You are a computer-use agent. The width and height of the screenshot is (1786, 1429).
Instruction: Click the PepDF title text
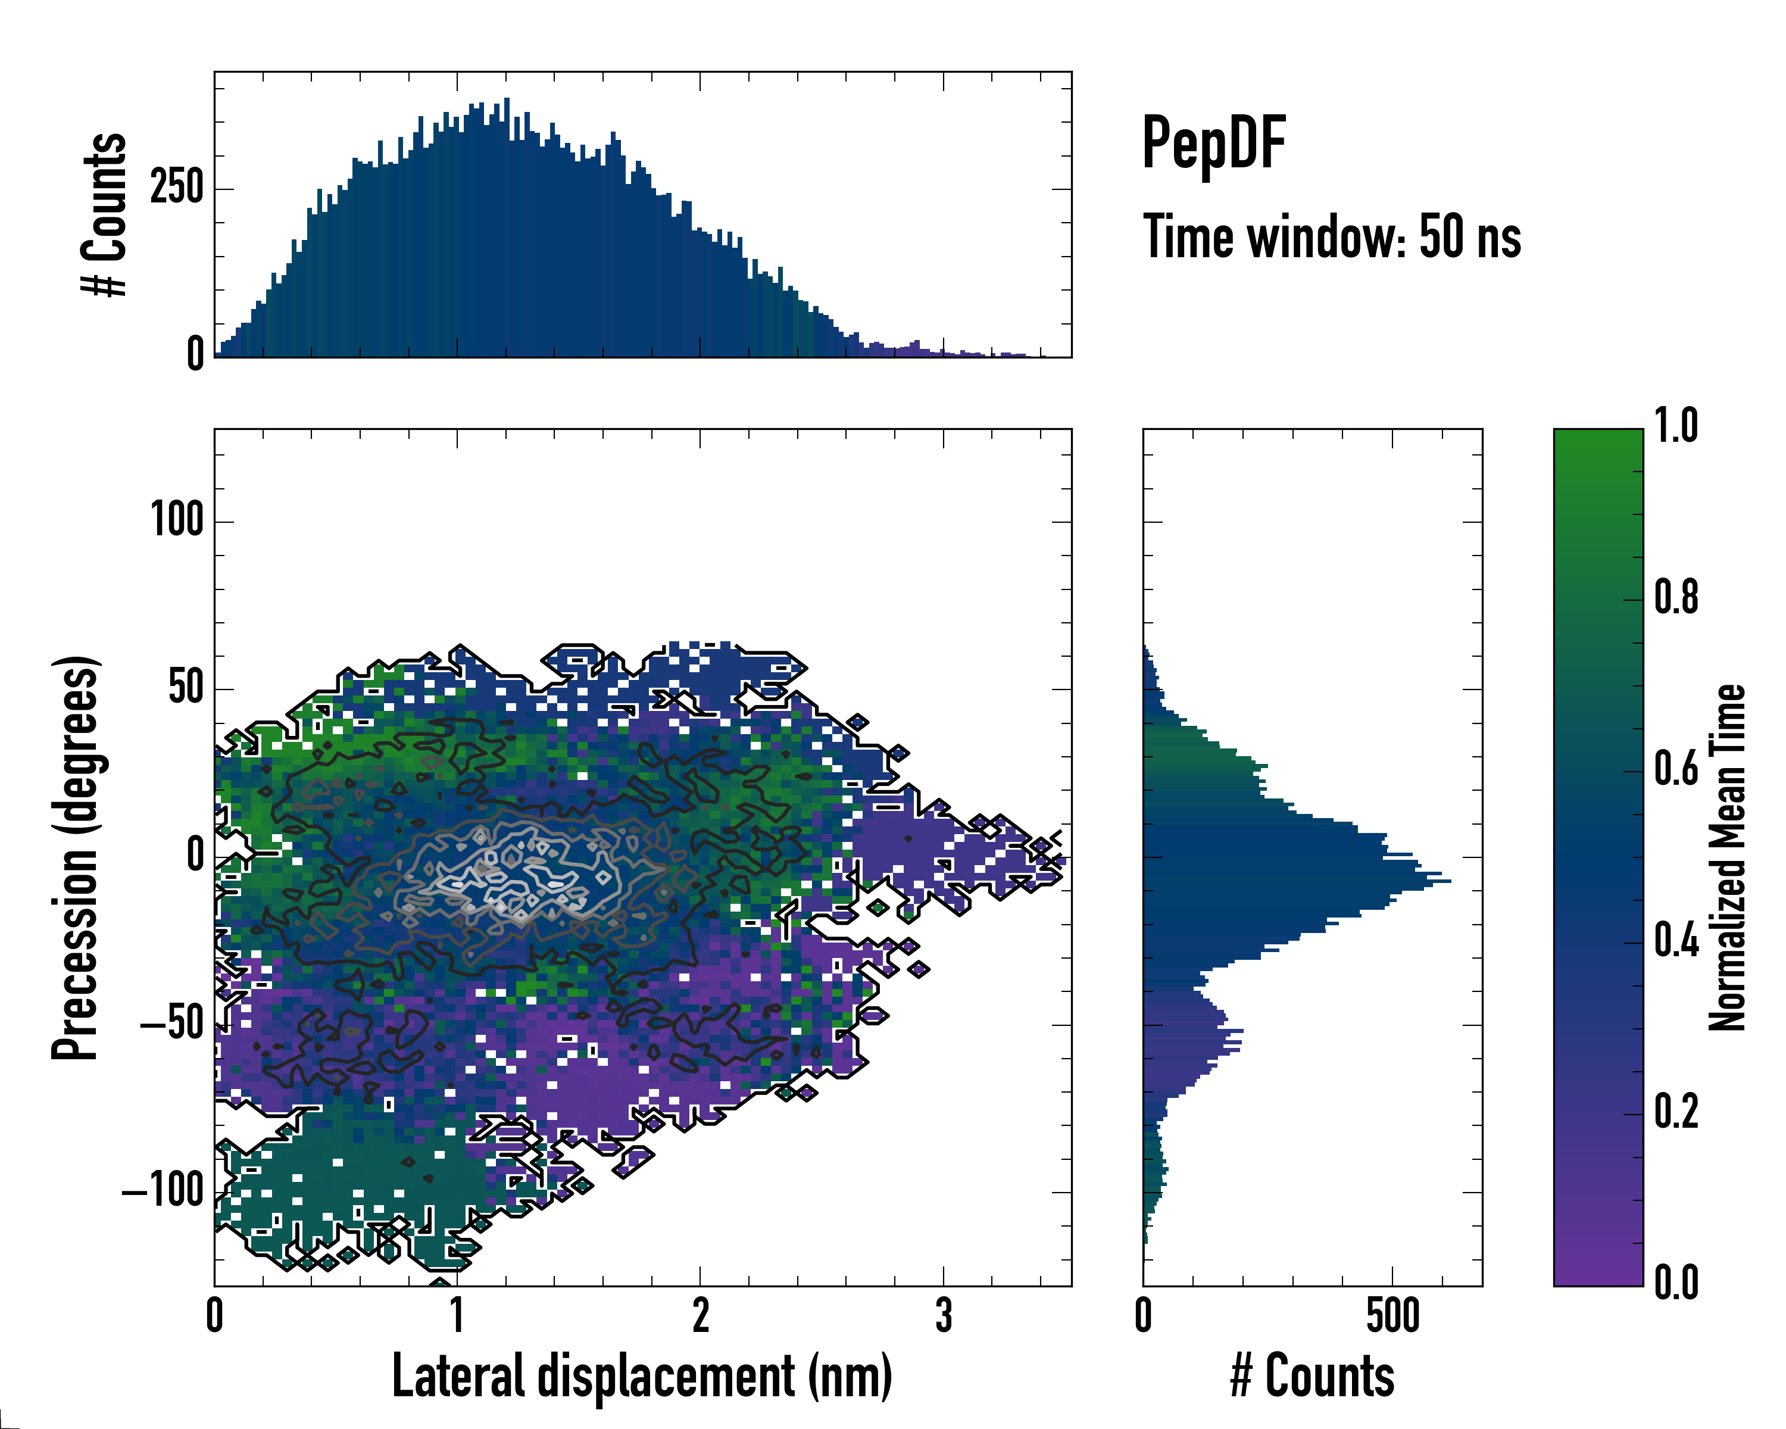coord(1213,143)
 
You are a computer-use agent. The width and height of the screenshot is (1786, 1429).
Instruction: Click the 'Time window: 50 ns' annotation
coord(1331,237)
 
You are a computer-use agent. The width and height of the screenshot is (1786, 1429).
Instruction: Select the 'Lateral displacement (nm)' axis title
coord(642,1376)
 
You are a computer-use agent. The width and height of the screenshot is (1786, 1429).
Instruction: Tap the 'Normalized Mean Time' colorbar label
coord(1727,857)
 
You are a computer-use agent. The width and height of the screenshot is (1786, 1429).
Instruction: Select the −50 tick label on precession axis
coord(172,1024)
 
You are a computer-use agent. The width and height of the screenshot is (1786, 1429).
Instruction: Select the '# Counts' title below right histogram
coord(1312,1376)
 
